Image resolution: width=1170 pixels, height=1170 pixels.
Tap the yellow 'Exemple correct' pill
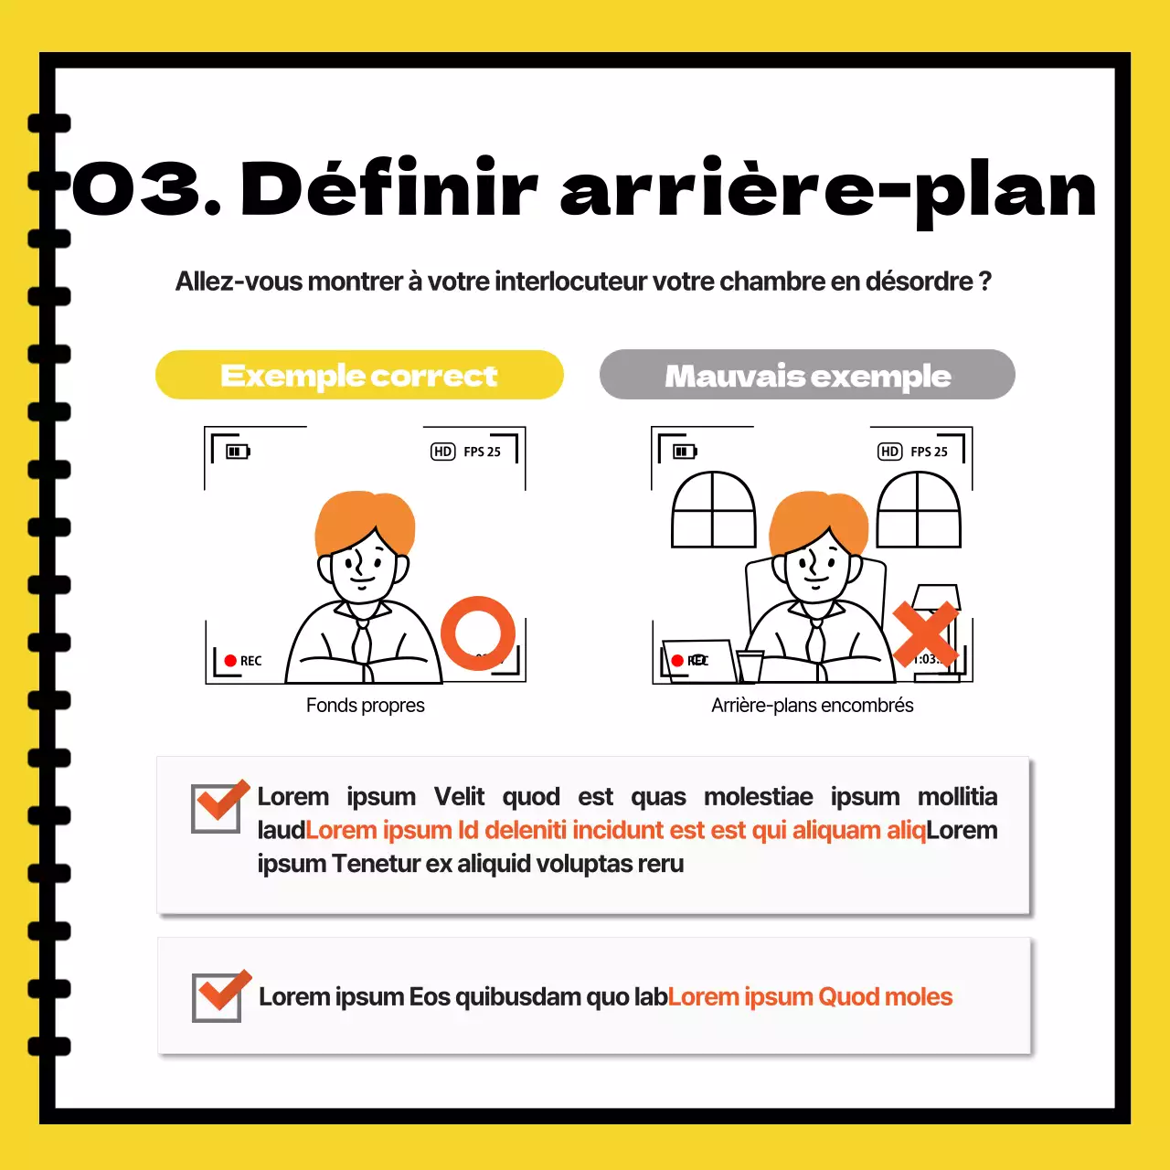tap(359, 375)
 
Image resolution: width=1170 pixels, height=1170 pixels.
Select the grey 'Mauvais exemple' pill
tap(807, 375)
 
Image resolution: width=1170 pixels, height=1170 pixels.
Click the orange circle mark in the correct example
tap(477, 633)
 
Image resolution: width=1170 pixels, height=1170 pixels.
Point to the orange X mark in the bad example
tap(925, 633)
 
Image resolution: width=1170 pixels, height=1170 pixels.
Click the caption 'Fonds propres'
tap(365, 706)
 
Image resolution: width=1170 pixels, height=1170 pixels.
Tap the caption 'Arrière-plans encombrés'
tap(812, 706)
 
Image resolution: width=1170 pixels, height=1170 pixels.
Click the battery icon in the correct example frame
tap(238, 452)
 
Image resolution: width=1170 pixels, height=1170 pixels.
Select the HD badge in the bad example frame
tap(889, 452)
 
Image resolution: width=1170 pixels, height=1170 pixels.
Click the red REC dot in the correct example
tap(230, 661)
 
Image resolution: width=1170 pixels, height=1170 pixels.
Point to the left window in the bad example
tap(714, 510)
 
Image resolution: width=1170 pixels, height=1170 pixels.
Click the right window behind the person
tap(919, 510)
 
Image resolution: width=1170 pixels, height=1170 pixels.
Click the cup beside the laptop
tap(750, 665)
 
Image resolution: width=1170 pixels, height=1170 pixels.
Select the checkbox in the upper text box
tap(218, 807)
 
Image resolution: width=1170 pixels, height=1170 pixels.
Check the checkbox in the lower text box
tap(218, 996)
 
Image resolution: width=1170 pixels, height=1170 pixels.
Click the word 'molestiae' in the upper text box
tap(758, 797)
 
